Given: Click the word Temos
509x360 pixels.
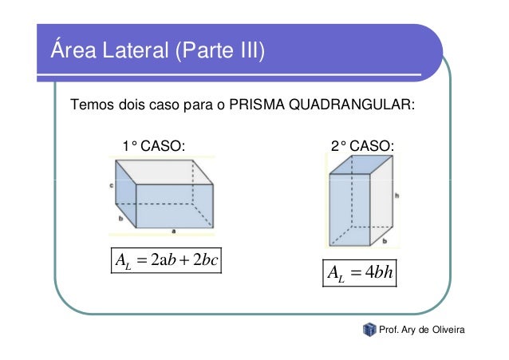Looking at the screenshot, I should [x=90, y=105].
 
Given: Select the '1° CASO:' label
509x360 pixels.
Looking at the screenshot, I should [x=152, y=146].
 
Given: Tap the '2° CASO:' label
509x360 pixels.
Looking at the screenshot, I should [x=363, y=146].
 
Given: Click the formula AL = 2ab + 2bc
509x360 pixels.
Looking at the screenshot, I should [x=166, y=261].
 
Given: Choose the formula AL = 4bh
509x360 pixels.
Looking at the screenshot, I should [x=361, y=275].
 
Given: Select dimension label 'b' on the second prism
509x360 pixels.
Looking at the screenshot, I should [x=384, y=239].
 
